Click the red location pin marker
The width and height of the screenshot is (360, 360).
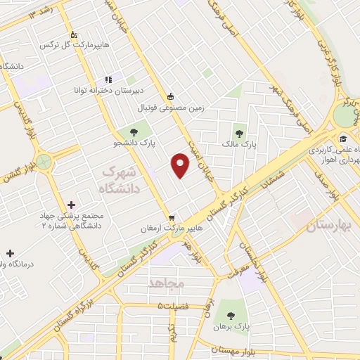click(x=181, y=165)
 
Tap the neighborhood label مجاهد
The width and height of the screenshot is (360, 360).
click(x=166, y=283)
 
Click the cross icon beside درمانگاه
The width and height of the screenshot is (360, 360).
click(x=9, y=252)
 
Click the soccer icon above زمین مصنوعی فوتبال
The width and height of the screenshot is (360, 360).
click(x=170, y=96)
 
